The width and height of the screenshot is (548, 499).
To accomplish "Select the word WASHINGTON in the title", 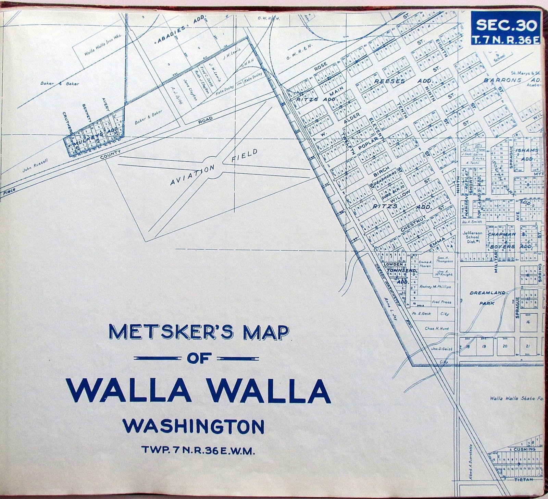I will (194, 427).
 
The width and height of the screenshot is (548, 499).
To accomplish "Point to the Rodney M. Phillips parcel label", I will (435, 287).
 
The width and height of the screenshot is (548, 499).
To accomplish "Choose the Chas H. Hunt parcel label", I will (436, 329).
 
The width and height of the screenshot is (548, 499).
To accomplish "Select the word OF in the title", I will (197, 358).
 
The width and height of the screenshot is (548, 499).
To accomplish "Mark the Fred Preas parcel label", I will (441, 303).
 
